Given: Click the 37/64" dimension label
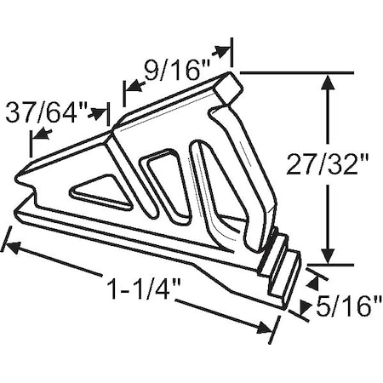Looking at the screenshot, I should (x=47, y=111).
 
